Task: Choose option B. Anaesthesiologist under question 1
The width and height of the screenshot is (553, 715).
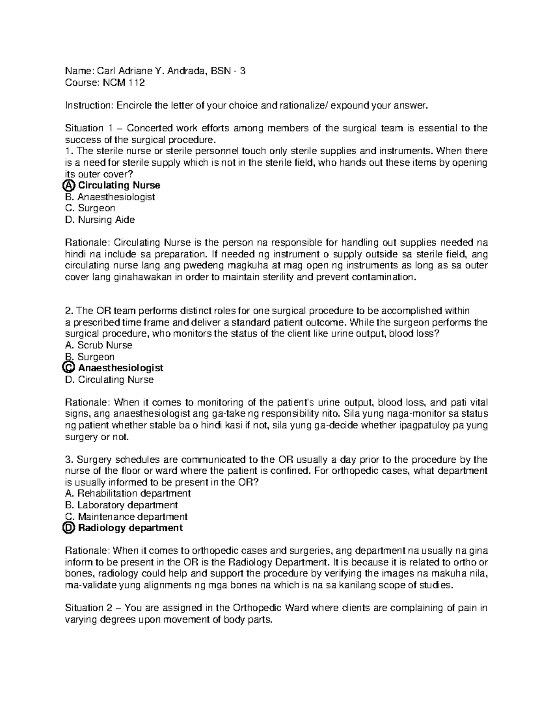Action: [110, 197]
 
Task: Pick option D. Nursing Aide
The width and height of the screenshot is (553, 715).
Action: [100, 220]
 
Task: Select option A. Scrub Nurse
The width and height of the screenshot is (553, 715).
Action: [99, 345]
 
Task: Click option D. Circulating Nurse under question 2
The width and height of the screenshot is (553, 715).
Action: [109, 379]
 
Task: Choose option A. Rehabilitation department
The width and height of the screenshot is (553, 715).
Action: [128, 494]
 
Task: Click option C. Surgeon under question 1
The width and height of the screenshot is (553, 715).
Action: [90, 208]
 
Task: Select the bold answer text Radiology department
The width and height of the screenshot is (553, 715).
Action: [130, 528]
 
